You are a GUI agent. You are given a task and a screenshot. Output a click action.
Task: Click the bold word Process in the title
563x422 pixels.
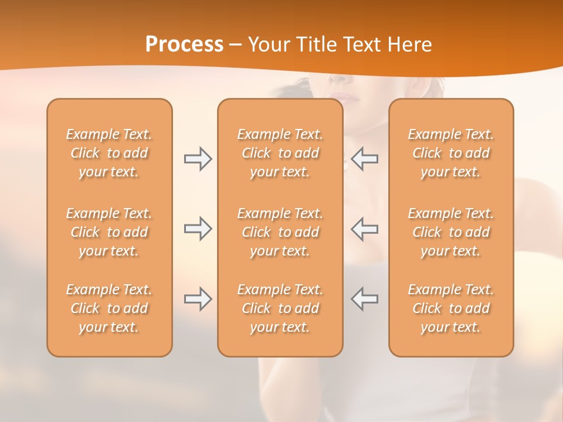tap(184, 45)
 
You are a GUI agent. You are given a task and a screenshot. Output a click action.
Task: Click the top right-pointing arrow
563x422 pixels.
tap(198, 159)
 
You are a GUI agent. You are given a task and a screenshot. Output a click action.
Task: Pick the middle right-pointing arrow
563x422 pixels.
tap(198, 229)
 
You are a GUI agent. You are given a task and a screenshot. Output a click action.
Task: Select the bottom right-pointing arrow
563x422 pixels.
tap(198, 299)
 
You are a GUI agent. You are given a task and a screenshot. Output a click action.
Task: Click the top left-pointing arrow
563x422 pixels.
tap(365, 159)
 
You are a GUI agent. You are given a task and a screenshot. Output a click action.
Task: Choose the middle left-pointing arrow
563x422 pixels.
tap(365, 229)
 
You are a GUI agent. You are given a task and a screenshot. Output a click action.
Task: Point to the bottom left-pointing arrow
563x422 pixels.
tap(365, 299)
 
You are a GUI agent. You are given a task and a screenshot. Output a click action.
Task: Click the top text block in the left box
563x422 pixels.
tap(109, 153)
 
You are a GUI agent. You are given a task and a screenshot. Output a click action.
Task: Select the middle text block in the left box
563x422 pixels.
tap(109, 232)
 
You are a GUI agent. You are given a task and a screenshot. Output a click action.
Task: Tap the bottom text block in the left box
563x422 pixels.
tap(109, 308)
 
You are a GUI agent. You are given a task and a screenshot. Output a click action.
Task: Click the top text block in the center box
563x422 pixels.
tap(280, 153)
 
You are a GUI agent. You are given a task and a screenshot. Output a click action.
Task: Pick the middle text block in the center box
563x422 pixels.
tap(280, 232)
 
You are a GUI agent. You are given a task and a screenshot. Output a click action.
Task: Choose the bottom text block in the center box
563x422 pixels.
tap(280, 308)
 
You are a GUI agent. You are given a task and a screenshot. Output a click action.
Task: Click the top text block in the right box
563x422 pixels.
tap(450, 153)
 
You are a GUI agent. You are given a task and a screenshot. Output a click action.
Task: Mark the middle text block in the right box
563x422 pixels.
tap(450, 232)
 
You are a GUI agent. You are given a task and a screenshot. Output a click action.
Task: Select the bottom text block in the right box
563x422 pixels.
tap(450, 308)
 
